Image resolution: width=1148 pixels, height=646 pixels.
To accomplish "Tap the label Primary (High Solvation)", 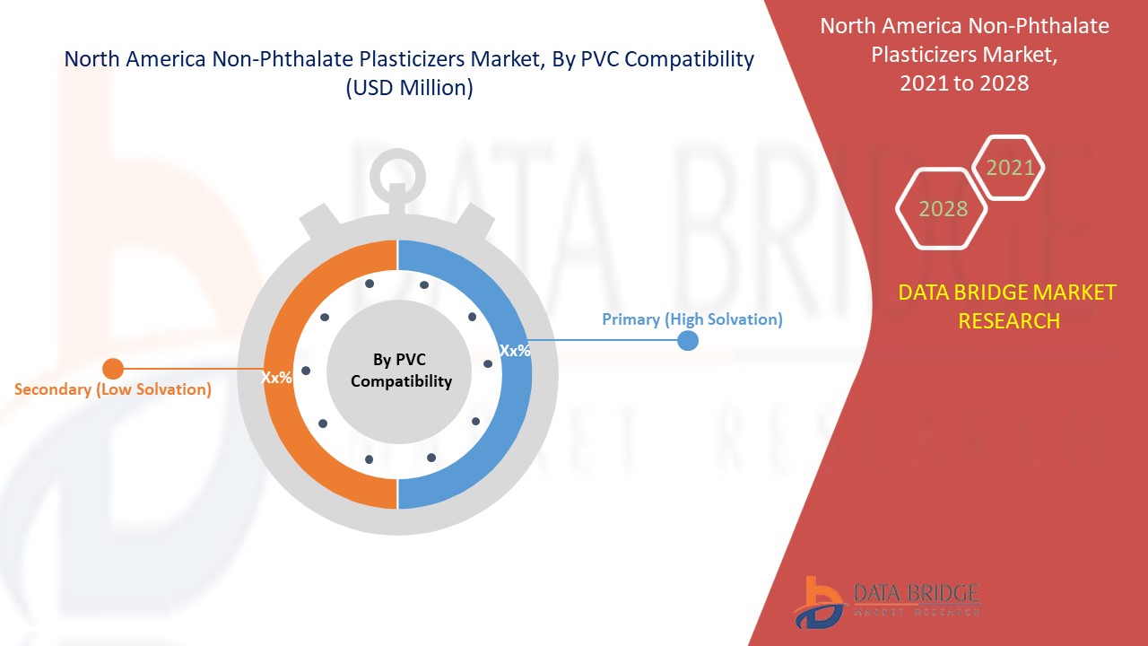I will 691,319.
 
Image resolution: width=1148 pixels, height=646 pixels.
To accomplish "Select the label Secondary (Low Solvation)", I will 113,389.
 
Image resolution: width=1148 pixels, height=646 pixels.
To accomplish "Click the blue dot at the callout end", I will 688,341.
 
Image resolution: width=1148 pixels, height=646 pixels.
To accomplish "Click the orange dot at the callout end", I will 113,368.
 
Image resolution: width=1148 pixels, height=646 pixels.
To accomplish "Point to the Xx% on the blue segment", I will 514,351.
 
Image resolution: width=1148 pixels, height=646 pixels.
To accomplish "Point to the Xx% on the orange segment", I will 276,378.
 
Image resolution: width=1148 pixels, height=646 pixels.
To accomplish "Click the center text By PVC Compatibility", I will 400,371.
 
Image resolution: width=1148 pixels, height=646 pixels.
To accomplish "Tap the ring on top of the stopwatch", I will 397,169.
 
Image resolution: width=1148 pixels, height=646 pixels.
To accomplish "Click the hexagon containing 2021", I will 1009,168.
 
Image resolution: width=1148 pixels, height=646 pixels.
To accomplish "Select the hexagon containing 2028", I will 942,209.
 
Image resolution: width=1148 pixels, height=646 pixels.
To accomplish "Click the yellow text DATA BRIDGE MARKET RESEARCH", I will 1008,306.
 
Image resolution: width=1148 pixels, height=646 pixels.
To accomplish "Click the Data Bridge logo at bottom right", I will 885,601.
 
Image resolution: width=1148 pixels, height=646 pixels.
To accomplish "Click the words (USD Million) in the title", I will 409,88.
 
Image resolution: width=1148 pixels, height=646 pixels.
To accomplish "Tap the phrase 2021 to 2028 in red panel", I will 964,83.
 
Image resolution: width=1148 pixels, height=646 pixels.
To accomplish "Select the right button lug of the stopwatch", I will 479,224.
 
